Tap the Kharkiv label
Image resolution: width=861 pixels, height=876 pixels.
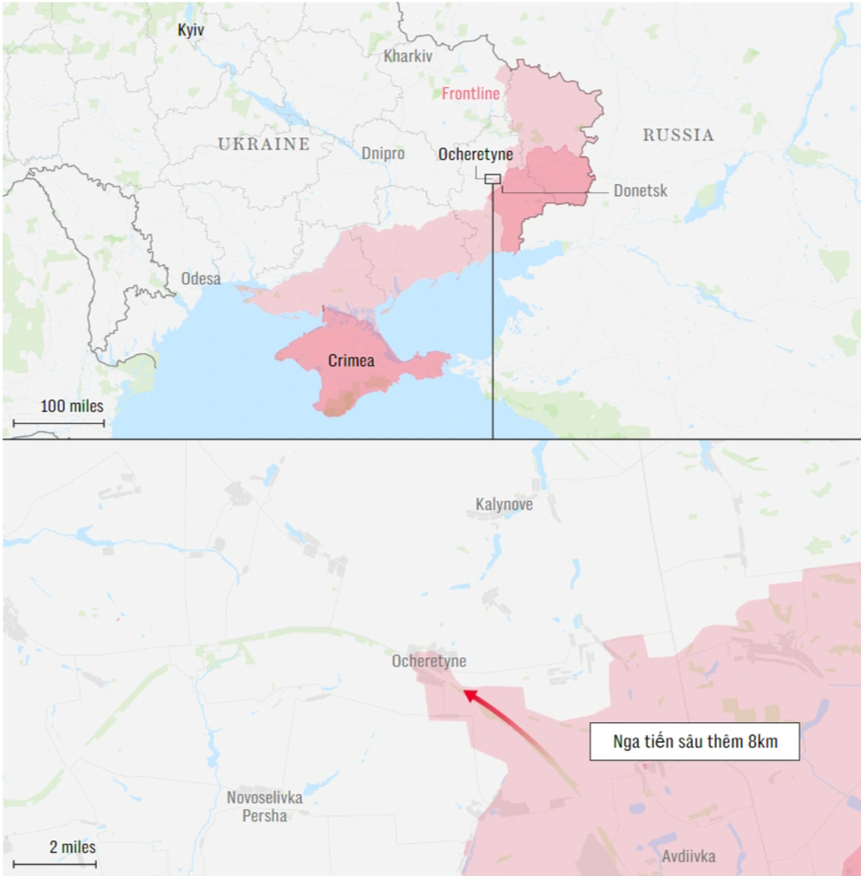[408, 57]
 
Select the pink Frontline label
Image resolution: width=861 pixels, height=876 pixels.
[471, 94]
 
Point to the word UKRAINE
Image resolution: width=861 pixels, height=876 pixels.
[263, 144]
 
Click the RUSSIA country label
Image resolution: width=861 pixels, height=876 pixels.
[678, 135]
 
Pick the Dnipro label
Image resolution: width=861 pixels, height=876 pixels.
[382, 154]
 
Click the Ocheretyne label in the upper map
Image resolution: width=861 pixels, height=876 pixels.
[475, 155]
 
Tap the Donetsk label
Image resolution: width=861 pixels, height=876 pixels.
[640, 191]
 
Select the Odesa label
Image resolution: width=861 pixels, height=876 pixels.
[201, 279]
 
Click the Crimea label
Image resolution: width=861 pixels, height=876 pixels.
[351, 361]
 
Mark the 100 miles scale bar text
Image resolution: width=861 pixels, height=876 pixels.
[72, 406]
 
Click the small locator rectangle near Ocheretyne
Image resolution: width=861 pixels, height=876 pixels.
[493, 178]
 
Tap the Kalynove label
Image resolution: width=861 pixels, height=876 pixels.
[504, 504]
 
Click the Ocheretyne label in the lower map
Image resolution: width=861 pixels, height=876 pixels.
[429, 661]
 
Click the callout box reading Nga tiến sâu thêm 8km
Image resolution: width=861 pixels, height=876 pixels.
[694, 743]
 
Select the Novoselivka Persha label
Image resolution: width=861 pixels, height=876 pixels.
[264, 806]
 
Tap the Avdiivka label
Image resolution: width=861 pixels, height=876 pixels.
[688, 857]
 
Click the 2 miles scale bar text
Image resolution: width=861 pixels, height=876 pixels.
[72, 846]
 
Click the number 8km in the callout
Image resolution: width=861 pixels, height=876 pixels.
[762, 743]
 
